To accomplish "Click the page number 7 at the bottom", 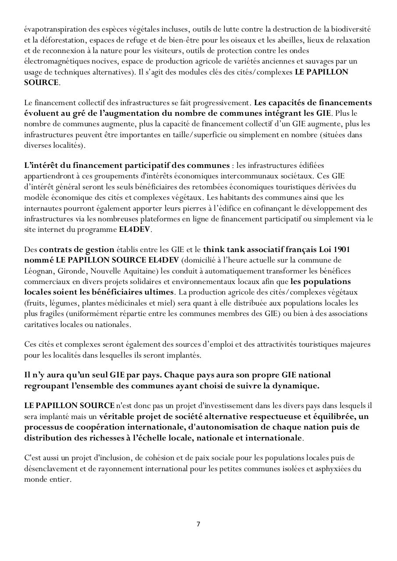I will tap(198, 524).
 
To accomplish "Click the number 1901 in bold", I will tap(341, 249).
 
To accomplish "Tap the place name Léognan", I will tap(38, 271).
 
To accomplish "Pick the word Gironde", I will tap(70, 271).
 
